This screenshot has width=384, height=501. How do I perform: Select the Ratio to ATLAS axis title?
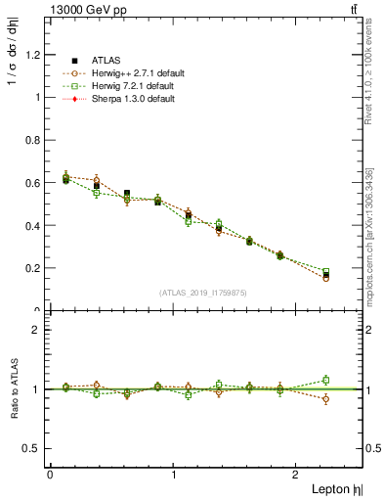coord(13,389)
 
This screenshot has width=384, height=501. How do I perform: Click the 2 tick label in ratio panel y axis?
coord(35,330)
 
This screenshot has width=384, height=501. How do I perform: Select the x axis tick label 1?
coord(174,475)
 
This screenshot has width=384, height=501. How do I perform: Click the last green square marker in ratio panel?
coord(354,380)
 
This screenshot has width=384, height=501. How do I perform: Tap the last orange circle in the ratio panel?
coord(354,399)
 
